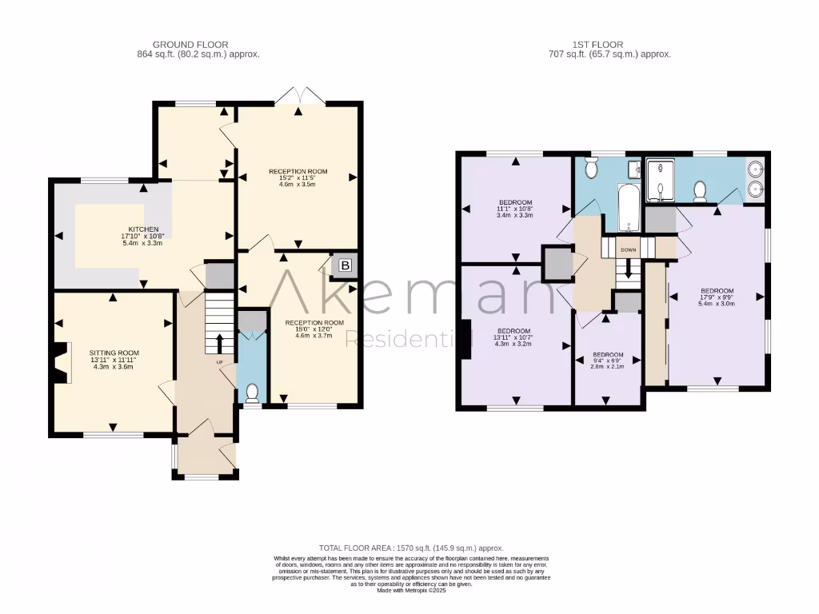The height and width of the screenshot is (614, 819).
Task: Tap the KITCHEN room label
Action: (140, 229)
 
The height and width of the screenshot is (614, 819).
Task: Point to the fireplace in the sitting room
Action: (61, 364)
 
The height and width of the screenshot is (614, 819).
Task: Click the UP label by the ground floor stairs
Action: (219, 362)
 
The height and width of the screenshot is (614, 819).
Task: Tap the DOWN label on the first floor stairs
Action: (629, 249)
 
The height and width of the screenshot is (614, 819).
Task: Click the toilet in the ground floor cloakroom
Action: (253, 393)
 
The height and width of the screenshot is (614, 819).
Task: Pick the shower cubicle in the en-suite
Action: (661, 181)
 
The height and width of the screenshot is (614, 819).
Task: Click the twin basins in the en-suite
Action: (757, 180)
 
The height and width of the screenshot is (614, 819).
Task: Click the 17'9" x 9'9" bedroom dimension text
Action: (717, 297)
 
